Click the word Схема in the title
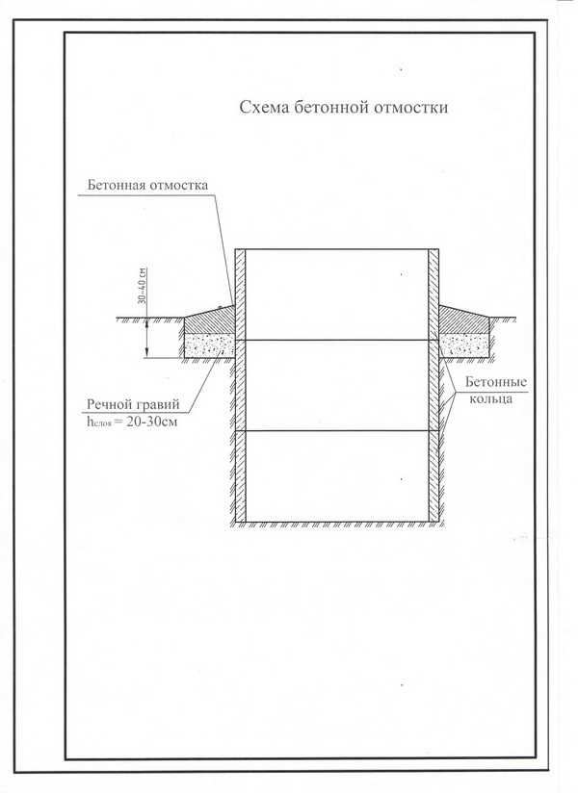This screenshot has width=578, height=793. pos(264,108)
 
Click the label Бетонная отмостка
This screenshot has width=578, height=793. pos(147,185)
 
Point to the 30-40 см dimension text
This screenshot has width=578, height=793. pos(142,286)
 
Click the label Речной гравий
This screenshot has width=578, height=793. pos(133,404)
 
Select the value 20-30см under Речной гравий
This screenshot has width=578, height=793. pos(152,422)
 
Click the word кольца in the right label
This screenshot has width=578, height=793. pos(491,399)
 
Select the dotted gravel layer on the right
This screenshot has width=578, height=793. pos(464,345)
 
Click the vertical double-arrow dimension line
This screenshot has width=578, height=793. pos(146,339)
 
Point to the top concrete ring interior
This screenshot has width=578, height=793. pos(336,294)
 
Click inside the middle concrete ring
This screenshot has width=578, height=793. pos(336,385)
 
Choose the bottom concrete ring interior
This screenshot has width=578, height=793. pos(336,476)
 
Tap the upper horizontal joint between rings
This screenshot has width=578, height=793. pos(336,340)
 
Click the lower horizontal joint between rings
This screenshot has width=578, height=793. pos(336,431)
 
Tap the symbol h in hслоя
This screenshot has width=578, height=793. pos(91,422)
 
